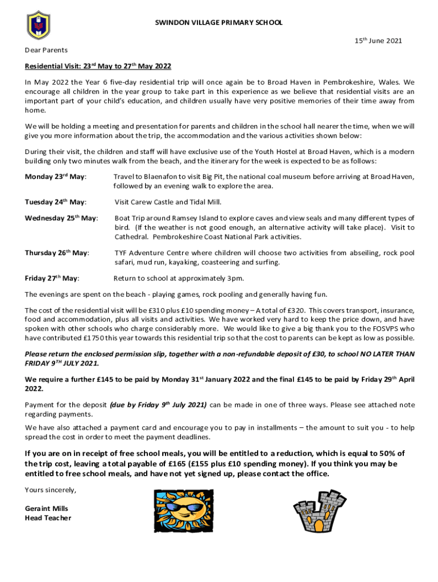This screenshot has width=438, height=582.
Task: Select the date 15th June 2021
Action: [378, 41]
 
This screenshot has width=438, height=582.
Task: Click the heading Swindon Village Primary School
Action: [219, 23]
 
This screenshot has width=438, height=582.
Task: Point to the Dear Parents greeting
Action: [46, 51]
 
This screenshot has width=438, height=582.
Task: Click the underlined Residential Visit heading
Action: [98, 66]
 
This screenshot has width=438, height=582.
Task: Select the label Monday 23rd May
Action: [55, 177]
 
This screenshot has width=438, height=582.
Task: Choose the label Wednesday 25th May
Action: [61, 218]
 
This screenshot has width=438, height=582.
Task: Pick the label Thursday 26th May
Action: [57, 253]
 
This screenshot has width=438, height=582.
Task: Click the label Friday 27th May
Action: [52, 278]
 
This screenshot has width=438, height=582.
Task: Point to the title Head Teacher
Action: [48, 518]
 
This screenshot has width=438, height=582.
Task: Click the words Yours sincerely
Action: [50, 490]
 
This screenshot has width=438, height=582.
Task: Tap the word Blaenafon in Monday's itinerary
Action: [154, 177]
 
